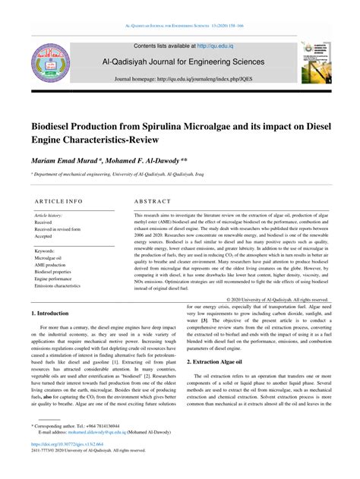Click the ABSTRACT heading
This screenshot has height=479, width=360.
(x=155, y=202)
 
